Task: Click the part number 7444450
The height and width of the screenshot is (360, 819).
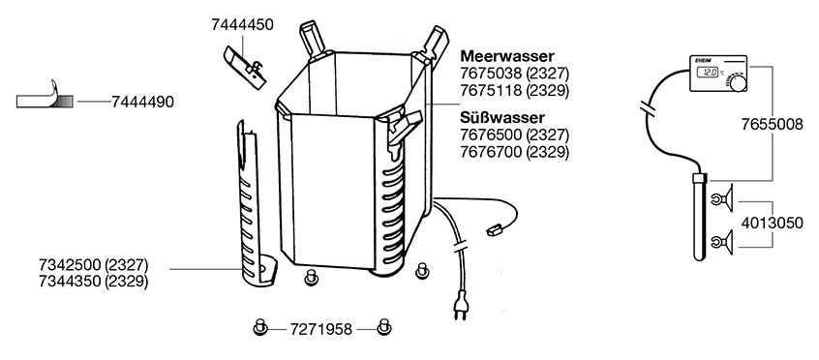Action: tap(242, 24)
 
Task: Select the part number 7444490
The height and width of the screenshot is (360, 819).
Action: tap(142, 102)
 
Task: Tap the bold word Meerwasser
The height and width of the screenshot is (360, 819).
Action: tap(507, 56)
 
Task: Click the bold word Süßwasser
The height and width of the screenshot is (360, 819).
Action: tap(501, 117)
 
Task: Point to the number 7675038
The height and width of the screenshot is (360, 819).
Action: tap(491, 73)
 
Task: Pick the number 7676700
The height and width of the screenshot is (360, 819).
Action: tap(491, 152)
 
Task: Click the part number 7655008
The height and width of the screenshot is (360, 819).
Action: tap(773, 125)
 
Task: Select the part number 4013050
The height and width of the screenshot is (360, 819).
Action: tap(773, 224)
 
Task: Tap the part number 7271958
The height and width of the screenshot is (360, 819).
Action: tap(321, 329)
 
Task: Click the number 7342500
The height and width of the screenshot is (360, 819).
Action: tap(70, 264)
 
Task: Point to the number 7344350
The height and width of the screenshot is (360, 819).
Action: tap(70, 282)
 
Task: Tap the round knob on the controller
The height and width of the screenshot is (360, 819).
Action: tap(738, 83)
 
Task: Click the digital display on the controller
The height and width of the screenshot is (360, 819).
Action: tap(709, 73)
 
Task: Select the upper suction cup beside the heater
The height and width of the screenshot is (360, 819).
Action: tap(723, 198)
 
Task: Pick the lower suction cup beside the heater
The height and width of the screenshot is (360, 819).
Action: tap(723, 242)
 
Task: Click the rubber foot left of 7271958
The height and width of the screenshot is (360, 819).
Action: tap(260, 327)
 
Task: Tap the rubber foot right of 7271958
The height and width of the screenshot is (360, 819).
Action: tap(384, 327)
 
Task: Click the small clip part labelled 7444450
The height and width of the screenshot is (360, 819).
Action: tap(245, 68)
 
